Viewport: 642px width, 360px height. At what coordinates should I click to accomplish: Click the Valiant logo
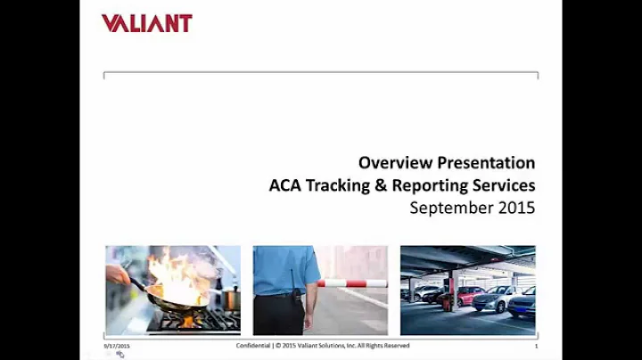point(146,23)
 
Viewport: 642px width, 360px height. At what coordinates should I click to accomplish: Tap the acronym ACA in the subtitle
point(285,186)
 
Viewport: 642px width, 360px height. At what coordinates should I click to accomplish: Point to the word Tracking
point(341,186)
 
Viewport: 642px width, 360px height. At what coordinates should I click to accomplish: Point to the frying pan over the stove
point(169,299)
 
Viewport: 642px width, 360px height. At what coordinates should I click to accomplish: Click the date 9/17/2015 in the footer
point(117,346)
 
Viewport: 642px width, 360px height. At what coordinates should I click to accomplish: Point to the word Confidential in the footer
point(254,346)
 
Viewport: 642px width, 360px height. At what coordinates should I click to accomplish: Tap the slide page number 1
point(536,346)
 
